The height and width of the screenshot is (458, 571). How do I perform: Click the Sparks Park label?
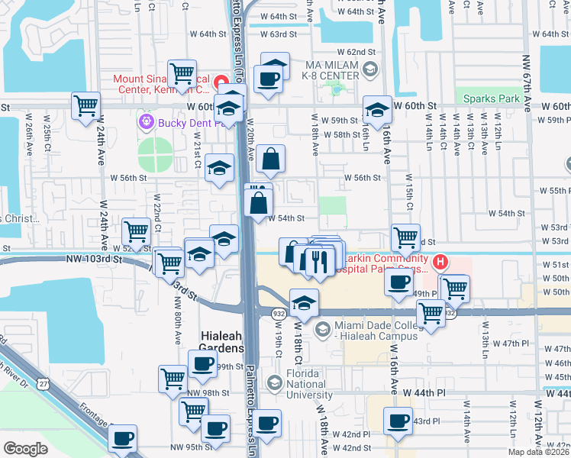point(492,98)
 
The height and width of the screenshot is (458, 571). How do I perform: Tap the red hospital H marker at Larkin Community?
point(440,263)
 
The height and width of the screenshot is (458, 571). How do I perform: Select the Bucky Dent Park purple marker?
point(146,121)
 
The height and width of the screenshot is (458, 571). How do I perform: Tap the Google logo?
point(26,449)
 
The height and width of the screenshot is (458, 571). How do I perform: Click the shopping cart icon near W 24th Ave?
point(86,105)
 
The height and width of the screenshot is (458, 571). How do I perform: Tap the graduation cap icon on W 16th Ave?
point(376,110)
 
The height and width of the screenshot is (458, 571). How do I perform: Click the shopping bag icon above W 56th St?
point(270,159)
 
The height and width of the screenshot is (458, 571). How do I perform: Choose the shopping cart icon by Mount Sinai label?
point(182,73)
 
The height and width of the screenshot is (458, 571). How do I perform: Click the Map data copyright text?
point(540,452)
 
